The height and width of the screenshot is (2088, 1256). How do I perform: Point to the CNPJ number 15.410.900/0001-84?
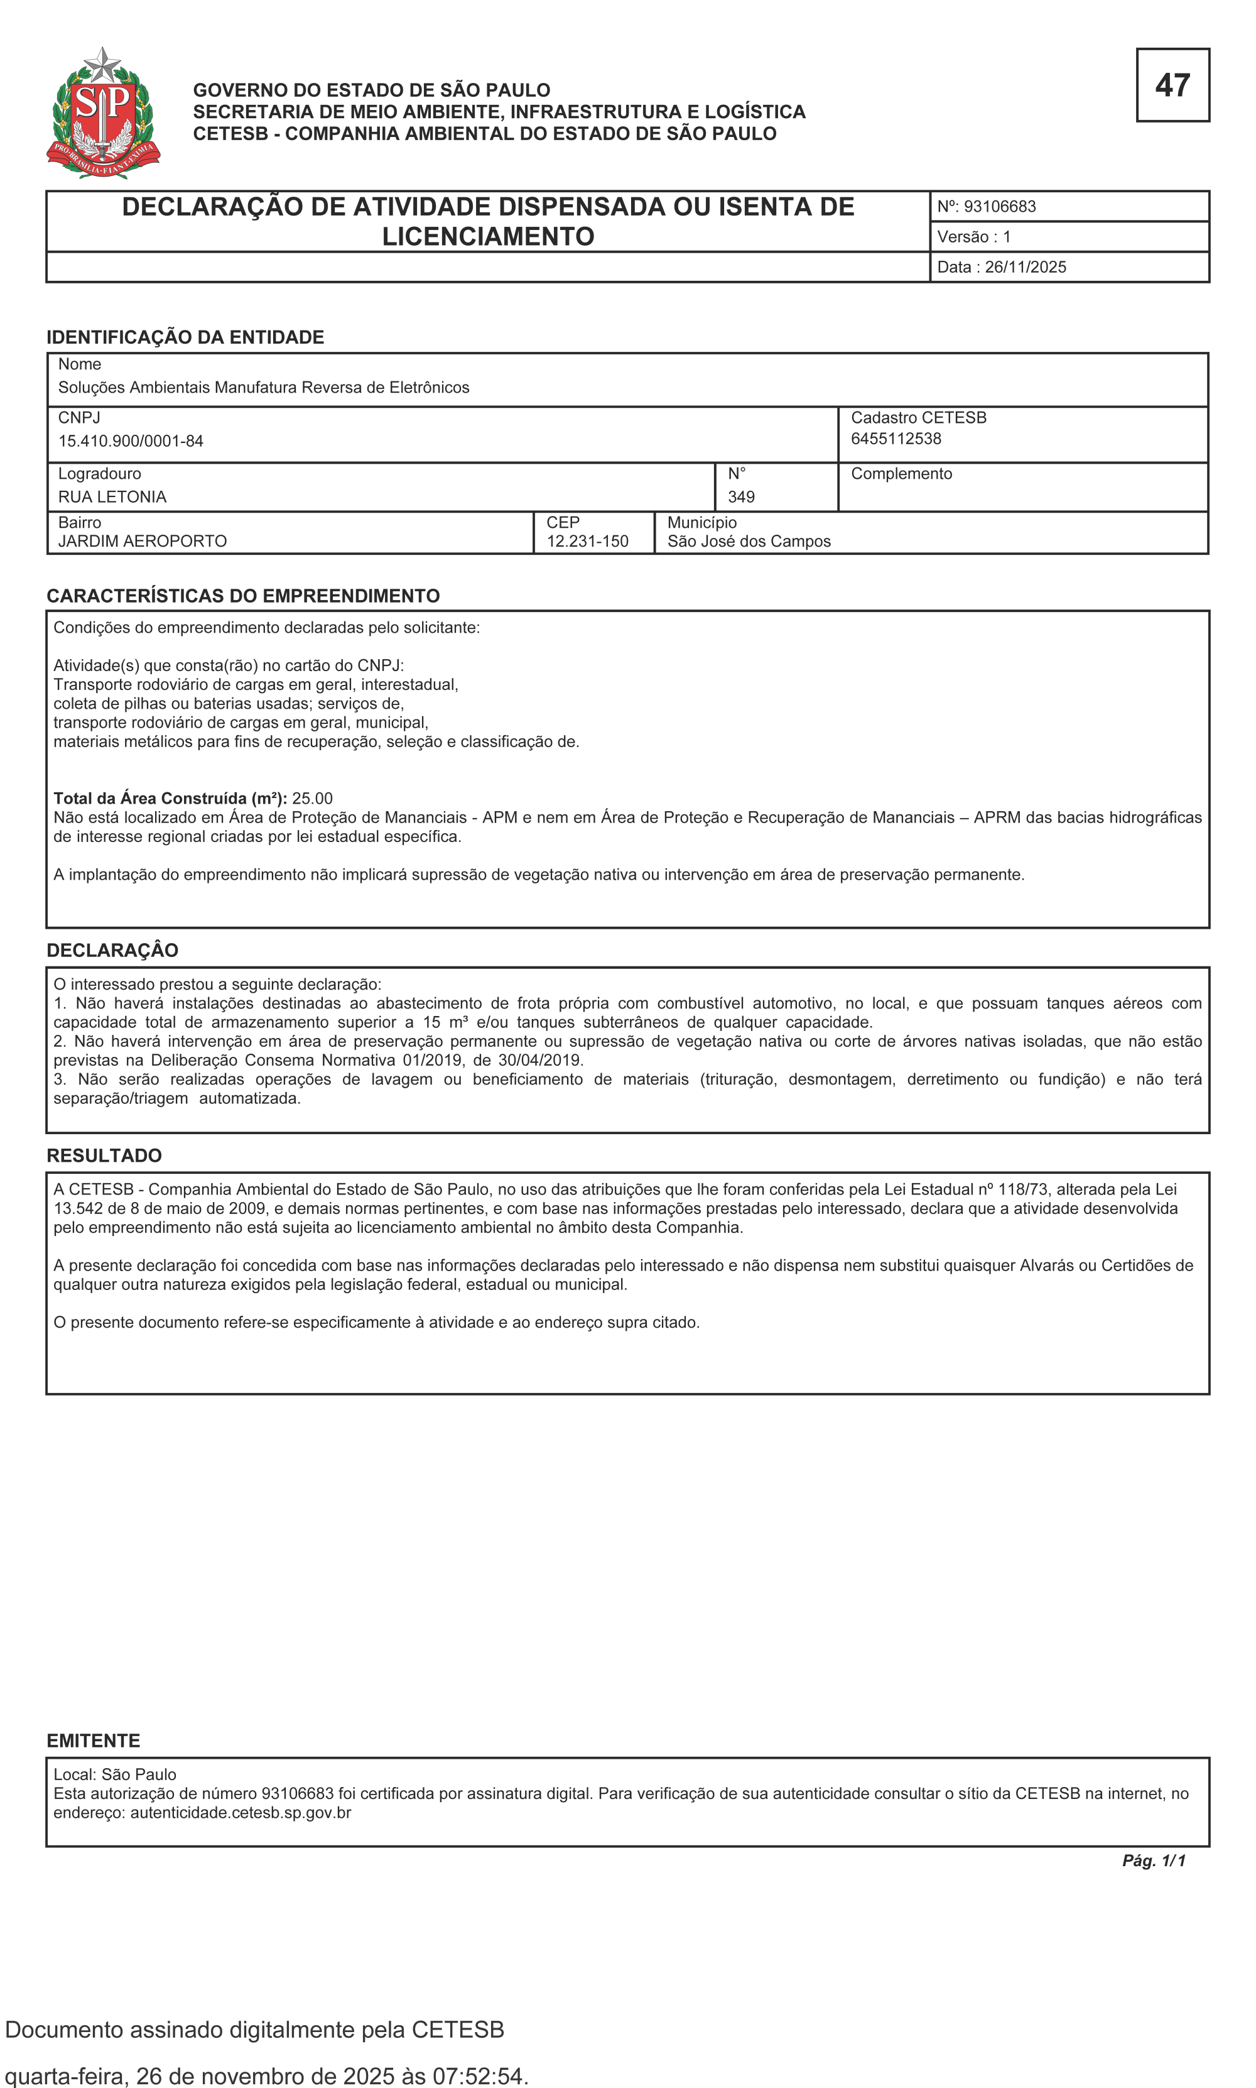point(131,441)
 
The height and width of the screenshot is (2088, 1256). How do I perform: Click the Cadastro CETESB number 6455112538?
point(896,439)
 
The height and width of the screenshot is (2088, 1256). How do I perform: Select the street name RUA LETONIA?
point(112,497)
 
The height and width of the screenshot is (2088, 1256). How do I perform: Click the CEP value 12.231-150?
point(587,541)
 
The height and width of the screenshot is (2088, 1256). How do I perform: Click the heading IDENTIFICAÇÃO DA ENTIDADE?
point(185,337)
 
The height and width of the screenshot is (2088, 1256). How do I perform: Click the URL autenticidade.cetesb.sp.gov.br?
point(241,1812)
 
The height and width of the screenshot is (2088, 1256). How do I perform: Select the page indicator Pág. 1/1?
point(1153,1861)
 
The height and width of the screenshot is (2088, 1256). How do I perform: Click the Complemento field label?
point(901,473)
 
